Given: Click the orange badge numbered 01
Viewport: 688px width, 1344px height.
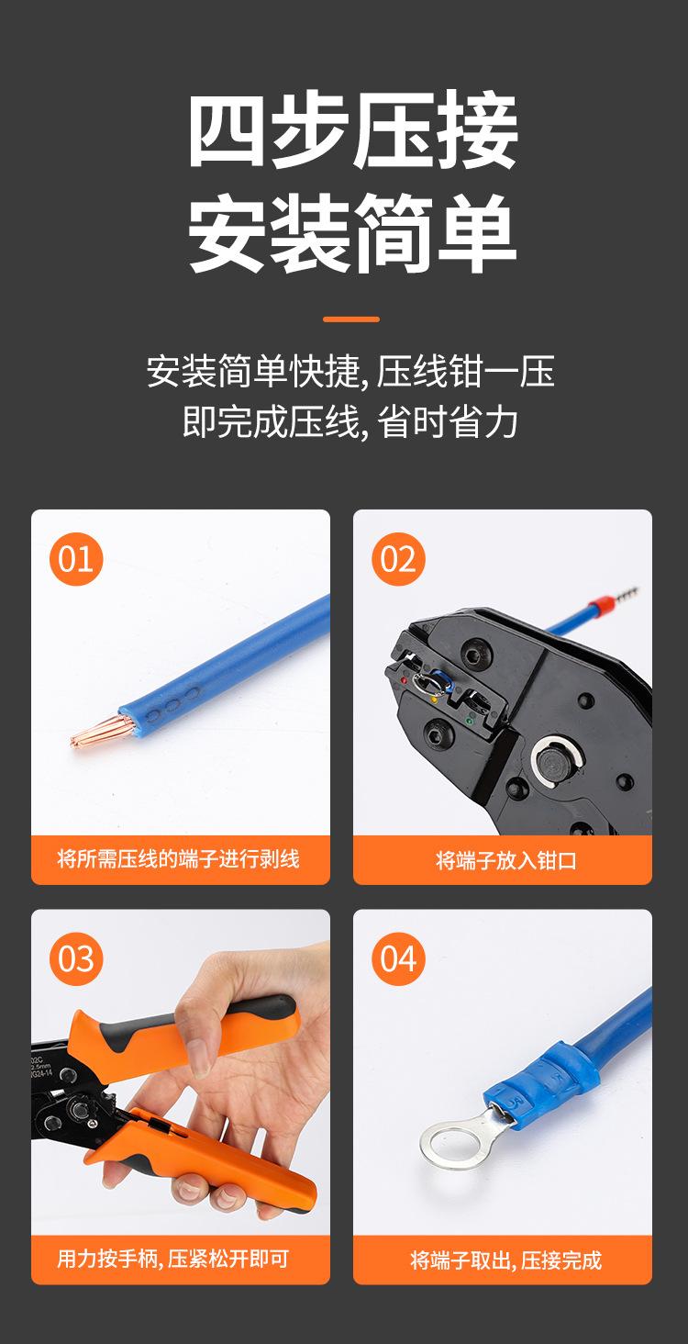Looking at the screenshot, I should (x=76, y=559).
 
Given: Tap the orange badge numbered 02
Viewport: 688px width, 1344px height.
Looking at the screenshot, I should (x=398, y=559).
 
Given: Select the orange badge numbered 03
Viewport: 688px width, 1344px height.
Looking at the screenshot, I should (x=76, y=958).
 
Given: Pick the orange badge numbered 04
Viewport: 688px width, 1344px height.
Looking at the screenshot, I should (x=398, y=958).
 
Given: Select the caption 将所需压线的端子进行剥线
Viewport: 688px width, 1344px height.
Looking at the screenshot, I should (x=179, y=859).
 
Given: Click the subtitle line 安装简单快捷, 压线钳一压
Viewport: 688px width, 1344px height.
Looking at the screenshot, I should (x=350, y=373).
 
